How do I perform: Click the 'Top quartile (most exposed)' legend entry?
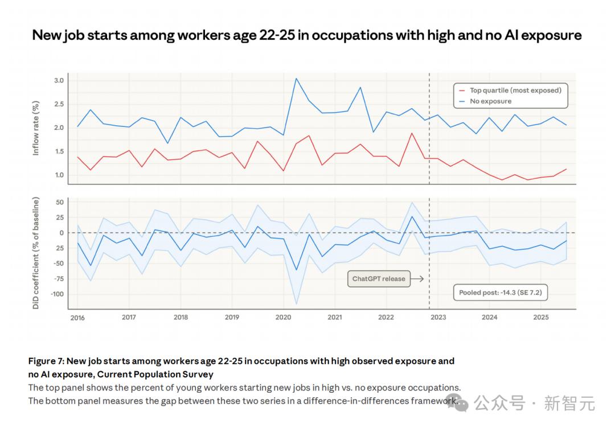[x=515, y=90]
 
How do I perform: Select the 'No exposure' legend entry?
[x=490, y=101]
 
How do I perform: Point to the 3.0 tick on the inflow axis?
[x=58, y=80]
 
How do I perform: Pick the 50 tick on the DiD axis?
[x=59, y=202]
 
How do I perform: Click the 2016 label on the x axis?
[x=77, y=318]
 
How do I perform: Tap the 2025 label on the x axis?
[x=540, y=317]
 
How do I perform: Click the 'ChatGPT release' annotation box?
[x=379, y=279]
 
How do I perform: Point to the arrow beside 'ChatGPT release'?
[x=417, y=279]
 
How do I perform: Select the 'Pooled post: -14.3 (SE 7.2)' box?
[x=499, y=293]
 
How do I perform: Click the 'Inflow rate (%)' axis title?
[x=36, y=128]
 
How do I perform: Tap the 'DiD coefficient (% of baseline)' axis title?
[x=36, y=253]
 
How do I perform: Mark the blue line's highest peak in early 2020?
[x=296, y=79]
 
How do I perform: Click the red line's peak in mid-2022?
[x=411, y=133]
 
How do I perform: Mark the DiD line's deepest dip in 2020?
[x=296, y=270]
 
